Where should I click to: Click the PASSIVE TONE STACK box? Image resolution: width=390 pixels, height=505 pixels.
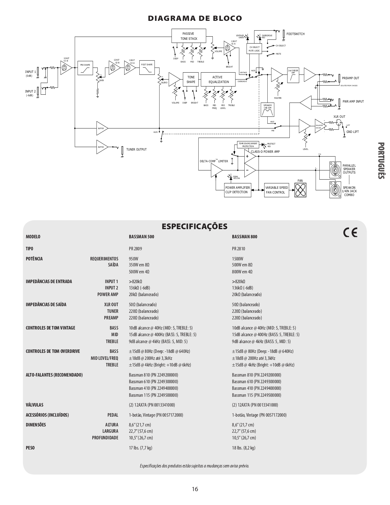189,36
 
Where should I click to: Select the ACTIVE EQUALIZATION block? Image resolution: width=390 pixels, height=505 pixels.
218,80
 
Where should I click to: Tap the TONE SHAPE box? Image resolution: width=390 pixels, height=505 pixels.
191,80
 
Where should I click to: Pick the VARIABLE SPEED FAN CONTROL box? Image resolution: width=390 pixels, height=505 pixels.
276,190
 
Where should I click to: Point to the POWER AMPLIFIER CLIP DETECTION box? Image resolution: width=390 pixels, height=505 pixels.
237,190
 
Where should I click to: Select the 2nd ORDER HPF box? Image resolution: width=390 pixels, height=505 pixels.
293,75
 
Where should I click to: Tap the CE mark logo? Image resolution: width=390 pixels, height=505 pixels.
350,233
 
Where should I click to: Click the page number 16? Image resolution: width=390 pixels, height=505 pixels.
195,489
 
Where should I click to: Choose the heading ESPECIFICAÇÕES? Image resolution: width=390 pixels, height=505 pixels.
195,226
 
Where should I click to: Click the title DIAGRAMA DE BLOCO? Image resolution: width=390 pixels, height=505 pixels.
195,18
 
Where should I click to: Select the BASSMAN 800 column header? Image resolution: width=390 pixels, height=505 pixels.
244,237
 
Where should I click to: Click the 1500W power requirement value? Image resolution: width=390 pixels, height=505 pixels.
238,259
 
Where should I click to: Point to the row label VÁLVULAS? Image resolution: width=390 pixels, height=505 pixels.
35,405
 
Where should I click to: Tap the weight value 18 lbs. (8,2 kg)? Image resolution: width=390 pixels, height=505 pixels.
243,448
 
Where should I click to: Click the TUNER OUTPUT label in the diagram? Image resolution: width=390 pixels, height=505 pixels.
137,150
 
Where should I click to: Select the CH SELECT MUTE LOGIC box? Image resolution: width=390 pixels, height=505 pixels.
254,49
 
